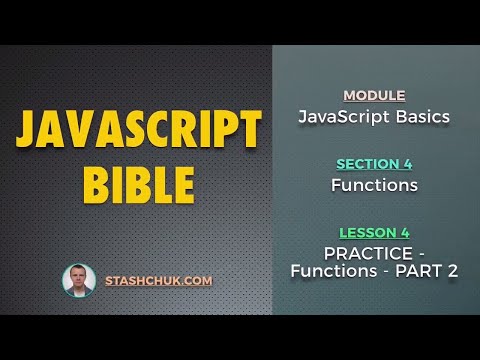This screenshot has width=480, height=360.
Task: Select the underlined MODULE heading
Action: [374, 96]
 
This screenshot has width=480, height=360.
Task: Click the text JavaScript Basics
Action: [374, 117]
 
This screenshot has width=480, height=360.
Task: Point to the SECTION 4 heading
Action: [374, 164]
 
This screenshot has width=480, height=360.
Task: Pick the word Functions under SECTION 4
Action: [374, 185]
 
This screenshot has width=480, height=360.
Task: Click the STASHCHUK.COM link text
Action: [158, 281]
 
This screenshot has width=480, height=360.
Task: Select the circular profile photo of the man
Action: [79, 281]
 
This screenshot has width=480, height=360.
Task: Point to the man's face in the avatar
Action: [79, 277]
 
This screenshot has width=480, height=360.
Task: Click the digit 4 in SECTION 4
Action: [407, 164]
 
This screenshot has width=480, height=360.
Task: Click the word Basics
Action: [419, 117]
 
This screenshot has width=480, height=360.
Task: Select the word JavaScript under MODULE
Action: [342, 117]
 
